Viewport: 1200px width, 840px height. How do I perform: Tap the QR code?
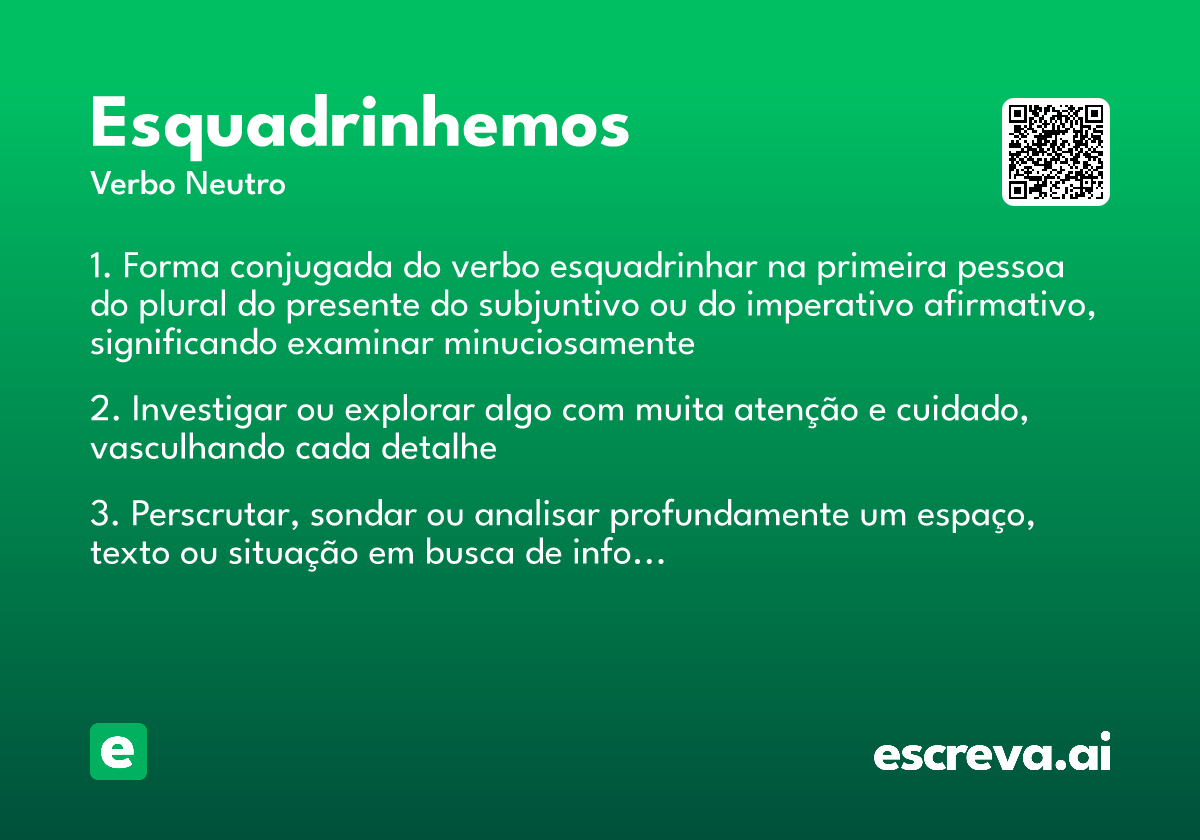1056,152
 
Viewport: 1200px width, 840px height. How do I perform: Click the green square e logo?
118,751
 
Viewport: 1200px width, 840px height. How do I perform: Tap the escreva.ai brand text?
992,755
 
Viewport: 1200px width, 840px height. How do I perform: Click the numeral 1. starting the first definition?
103,268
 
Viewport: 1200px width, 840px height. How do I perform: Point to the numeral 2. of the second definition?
105,411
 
